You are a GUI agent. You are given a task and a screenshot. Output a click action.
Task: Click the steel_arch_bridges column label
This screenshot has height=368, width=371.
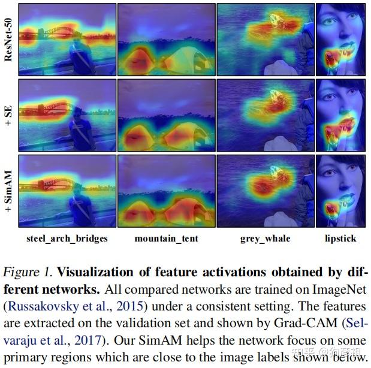67,239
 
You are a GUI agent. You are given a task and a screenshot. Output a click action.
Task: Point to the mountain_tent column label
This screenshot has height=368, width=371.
166,239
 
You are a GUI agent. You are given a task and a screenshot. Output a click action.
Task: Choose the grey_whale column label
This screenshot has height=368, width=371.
265,239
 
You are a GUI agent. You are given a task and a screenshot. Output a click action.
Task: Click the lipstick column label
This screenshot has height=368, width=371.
340,239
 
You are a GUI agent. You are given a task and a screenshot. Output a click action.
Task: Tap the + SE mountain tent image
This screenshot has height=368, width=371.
166,114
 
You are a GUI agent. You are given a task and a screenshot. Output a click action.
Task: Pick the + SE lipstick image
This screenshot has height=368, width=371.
340,114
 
